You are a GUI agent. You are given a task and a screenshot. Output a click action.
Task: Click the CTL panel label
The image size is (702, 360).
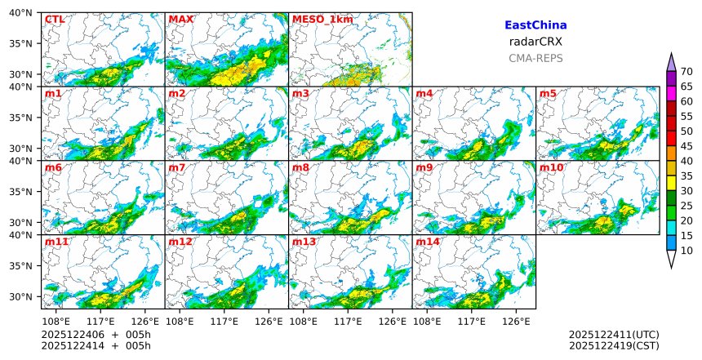tap(54, 19)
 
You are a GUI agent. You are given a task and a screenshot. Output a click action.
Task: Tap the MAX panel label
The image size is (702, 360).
tap(179, 19)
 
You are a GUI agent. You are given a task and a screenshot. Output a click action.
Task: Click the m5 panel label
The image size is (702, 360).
tap(548, 94)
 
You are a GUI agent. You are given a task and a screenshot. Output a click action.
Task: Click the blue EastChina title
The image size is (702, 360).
tap(535, 26)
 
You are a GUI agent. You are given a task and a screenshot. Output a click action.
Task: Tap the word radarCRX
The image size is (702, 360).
tap(535, 42)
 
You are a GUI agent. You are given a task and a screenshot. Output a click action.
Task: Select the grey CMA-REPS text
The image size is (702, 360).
tap(535, 58)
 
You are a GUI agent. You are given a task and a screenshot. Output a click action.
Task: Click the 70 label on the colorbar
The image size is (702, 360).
tap(687, 72)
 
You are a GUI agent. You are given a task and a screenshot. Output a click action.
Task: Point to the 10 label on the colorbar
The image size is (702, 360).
tap(687, 251)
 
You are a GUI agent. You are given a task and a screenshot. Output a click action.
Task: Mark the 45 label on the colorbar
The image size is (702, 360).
tap(687, 146)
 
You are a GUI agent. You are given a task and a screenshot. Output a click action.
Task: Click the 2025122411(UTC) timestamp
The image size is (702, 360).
tap(614, 336)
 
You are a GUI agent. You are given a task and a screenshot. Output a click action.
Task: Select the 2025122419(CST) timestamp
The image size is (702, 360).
tap(614, 346)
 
